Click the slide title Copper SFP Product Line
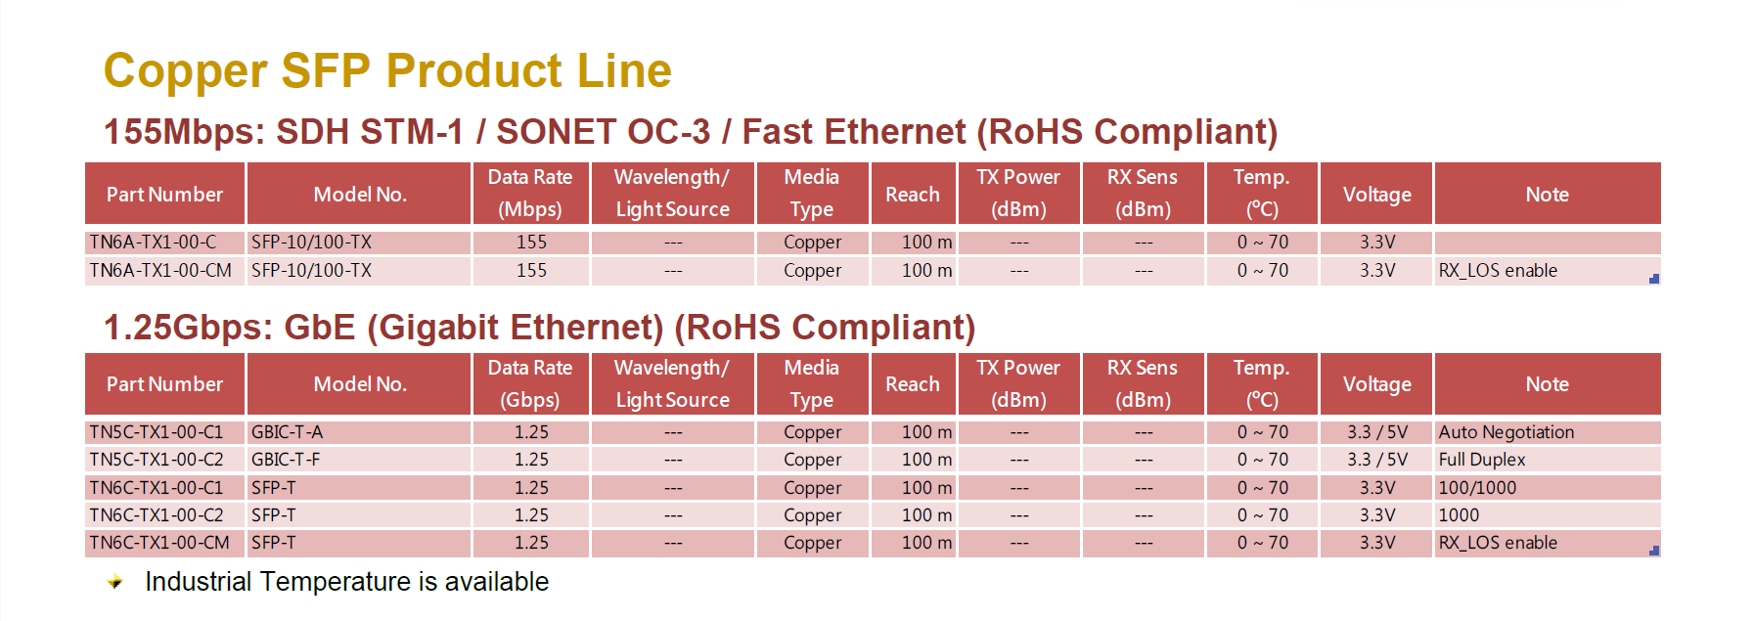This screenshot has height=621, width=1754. (x=387, y=71)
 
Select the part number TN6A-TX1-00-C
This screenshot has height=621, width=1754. (x=153, y=242)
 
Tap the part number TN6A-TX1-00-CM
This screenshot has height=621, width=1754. (x=160, y=270)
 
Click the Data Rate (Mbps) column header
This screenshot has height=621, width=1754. (x=530, y=194)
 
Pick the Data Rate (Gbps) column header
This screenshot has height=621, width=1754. (x=530, y=384)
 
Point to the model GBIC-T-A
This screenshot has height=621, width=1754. (x=287, y=432)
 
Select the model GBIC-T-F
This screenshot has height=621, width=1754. (x=286, y=460)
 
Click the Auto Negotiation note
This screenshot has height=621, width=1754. (x=1507, y=432)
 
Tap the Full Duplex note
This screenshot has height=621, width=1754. (x=1482, y=460)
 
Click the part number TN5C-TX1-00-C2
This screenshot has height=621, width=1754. (x=157, y=460)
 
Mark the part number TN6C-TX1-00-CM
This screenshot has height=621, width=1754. (x=159, y=543)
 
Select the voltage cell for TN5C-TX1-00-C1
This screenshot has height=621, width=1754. (x=1377, y=432)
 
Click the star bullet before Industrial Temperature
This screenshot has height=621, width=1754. (x=115, y=582)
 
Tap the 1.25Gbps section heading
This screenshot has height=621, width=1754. (x=540, y=328)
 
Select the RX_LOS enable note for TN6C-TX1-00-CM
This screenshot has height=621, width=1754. (x=1498, y=543)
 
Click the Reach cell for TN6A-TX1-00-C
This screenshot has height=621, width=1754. (x=926, y=242)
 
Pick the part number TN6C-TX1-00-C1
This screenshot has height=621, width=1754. (x=157, y=488)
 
